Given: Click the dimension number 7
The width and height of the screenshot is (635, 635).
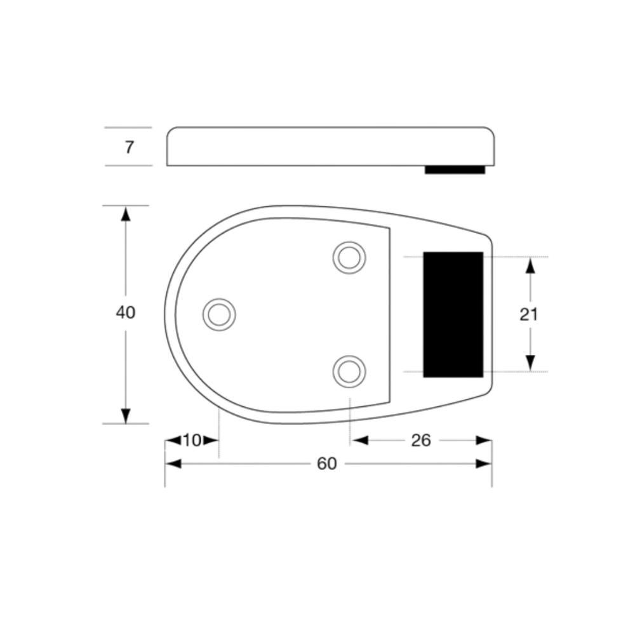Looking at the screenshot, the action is [129, 147].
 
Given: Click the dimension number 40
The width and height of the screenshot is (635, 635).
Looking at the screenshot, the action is [126, 312].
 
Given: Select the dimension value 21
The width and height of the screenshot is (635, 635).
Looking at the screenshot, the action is [528, 314].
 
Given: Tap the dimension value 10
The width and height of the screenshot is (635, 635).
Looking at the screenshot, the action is [192, 440].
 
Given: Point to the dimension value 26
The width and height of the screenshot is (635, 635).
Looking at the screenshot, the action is [421, 440].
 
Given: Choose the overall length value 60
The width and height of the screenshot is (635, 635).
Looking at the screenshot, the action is [327, 464].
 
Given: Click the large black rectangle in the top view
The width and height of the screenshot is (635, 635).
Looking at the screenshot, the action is [453, 315].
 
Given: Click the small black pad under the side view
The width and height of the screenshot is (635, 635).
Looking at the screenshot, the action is [455, 170].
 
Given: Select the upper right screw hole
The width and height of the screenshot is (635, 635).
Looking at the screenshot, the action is [349, 258].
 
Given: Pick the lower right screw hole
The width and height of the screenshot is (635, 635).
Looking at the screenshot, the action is [349, 371].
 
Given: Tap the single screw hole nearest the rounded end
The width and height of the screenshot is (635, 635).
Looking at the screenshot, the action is [219, 315].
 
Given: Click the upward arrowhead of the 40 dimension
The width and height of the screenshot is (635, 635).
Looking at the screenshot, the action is [126, 214].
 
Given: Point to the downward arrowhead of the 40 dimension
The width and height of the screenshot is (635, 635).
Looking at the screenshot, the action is [126, 416].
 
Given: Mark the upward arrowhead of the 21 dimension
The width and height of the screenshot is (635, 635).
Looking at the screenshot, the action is [530, 265].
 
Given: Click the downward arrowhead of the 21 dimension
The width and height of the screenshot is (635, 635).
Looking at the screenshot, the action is [530, 363].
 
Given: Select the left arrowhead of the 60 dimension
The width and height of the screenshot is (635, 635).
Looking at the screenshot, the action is [173, 464].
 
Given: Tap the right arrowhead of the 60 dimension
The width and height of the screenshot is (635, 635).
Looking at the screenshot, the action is [484, 464].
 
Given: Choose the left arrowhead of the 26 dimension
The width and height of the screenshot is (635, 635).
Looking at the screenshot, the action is [360, 440].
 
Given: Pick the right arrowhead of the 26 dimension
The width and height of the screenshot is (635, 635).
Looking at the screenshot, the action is [484, 440].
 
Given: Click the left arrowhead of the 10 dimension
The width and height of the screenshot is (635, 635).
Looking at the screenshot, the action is [173, 440].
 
